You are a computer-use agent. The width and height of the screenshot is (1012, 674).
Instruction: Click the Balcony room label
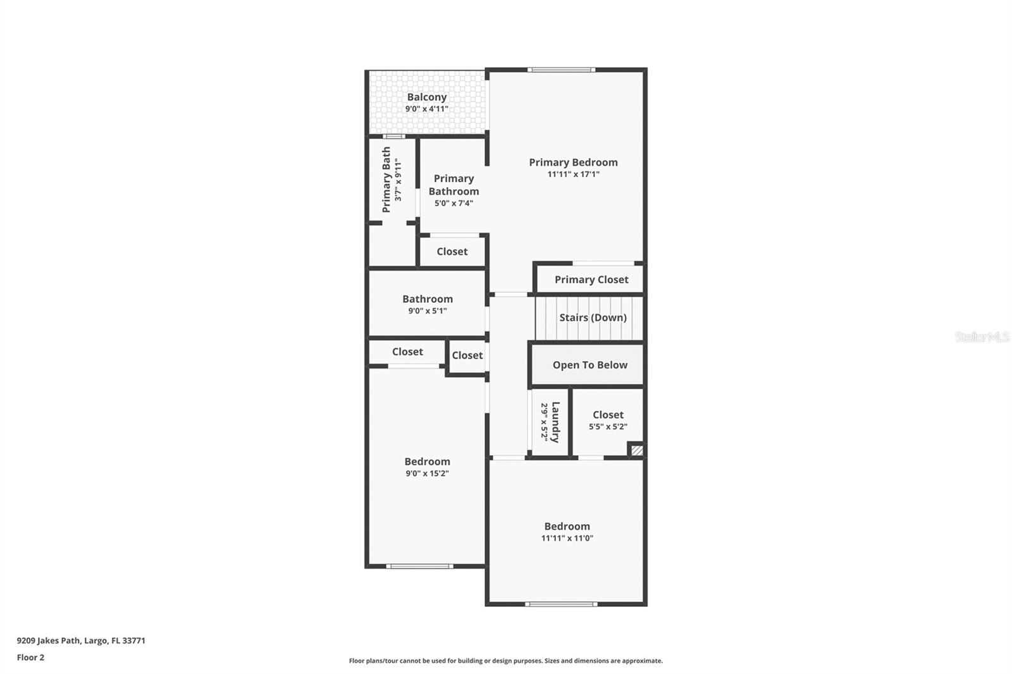pyautogui.click(x=426, y=97)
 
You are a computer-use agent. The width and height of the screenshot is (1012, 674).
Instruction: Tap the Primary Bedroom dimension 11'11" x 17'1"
pyautogui.click(x=573, y=175)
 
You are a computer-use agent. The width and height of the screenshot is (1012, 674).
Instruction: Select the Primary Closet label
pyautogui.click(x=591, y=279)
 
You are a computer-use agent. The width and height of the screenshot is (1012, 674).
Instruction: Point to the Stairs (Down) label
pyautogui.click(x=593, y=317)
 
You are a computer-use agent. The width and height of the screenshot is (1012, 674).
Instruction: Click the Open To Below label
pyautogui.click(x=590, y=365)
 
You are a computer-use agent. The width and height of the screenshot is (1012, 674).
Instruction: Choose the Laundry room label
pyautogui.click(x=556, y=422)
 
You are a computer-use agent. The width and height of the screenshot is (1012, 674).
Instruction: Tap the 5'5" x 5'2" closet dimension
pyautogui.click(x=608, y=426)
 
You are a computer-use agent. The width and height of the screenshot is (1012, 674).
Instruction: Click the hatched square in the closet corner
pyautogui.click(x=636, y=450)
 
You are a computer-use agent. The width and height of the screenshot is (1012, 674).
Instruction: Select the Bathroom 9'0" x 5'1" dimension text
pyautogui.click(x=428, y=311)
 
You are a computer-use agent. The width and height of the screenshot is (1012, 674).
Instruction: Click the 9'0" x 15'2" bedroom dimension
pyautogui.click(x=427, y=474)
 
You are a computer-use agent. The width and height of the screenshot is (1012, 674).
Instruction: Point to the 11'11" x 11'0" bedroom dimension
pyautogui.click(x=567, y=538)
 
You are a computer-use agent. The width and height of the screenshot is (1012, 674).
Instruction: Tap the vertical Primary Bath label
pyautogui.click(x=386, y=180)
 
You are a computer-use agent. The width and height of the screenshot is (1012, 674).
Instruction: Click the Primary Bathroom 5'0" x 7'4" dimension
pyautogui.click(x=454, y=204)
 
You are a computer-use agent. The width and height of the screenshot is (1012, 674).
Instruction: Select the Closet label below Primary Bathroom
pyautogui.click(x=452, y=252)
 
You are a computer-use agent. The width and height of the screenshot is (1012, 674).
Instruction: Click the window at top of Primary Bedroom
pyautogui.click(x=561, y=70)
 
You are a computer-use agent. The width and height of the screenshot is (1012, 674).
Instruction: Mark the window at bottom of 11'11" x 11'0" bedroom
pyautogui.click(x=561, y=604)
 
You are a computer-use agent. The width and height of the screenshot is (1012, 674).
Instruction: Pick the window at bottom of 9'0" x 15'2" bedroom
pyautogui.click(x=419, y=566)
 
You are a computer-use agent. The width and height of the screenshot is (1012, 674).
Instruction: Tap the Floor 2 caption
pyautogui.click(x=31, y=658)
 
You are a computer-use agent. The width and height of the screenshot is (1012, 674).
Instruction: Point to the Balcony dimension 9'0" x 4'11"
pyautogui.click(x=426, y=109)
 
